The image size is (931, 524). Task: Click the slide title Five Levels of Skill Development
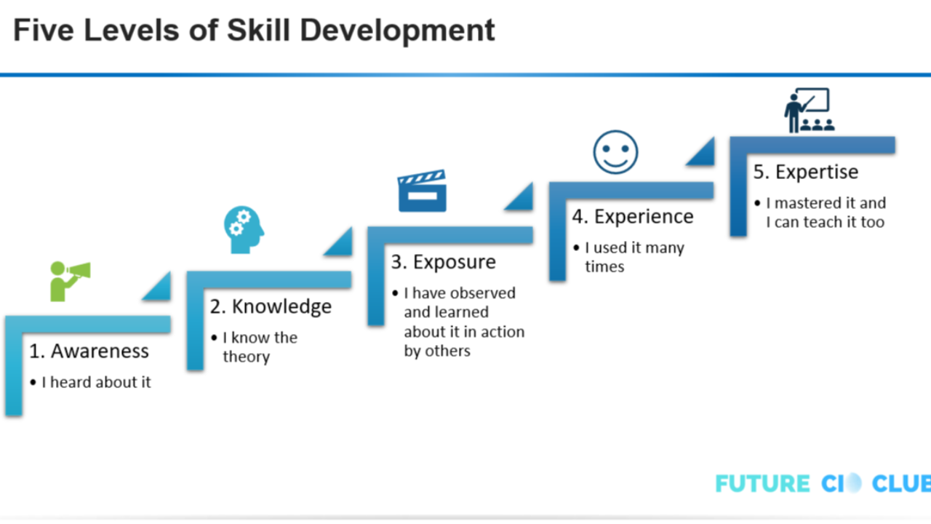point(254,31)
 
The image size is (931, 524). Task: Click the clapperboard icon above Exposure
point(422,191)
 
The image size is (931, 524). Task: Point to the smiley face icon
point(615,153)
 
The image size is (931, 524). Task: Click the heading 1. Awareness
point(89,351)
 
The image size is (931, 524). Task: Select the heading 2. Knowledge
point(271,306)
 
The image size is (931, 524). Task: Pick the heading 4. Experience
point(632,216)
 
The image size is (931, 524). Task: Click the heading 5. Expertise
point(805,172)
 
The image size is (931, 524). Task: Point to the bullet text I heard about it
point(96,382)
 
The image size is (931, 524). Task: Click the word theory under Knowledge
point(246,357)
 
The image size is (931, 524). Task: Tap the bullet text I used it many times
point(634,256)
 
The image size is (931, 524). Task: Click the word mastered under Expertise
point(807,203)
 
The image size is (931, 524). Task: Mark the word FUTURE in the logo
point(762,484)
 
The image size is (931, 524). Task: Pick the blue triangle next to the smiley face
point(701,151)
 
